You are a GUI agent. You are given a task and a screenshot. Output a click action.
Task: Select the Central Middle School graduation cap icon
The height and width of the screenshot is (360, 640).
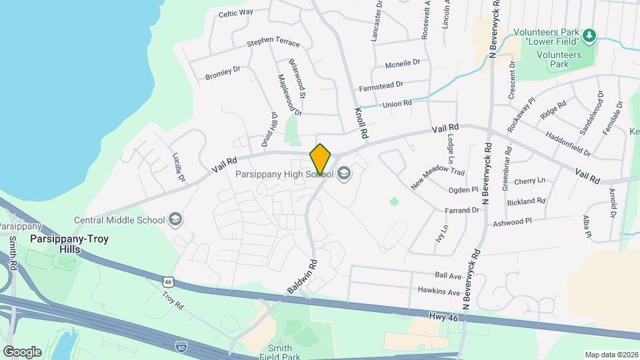[x=175, y=219]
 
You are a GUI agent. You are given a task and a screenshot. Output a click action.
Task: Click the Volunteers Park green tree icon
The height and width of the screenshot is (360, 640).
[x=588, y=35]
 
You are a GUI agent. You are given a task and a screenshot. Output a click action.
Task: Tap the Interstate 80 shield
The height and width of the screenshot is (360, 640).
[x=181, y=347]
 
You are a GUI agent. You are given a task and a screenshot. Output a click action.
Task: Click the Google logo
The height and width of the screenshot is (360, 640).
[x=22, y=351]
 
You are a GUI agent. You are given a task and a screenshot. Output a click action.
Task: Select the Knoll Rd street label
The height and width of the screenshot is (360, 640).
[x=361, y=123]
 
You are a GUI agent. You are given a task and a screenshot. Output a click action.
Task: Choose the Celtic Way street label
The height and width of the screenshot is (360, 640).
[x=236, y=13]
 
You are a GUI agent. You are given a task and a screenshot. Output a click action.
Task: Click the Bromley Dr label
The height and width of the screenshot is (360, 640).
[x=222, y=72]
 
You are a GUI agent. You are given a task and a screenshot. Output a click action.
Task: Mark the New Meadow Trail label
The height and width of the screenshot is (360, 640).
[x=437, y=179]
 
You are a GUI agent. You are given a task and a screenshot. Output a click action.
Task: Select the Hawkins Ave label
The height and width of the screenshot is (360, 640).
[x=439, y=291]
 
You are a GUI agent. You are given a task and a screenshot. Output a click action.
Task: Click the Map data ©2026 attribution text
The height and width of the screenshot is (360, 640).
[x=610, y=354]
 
